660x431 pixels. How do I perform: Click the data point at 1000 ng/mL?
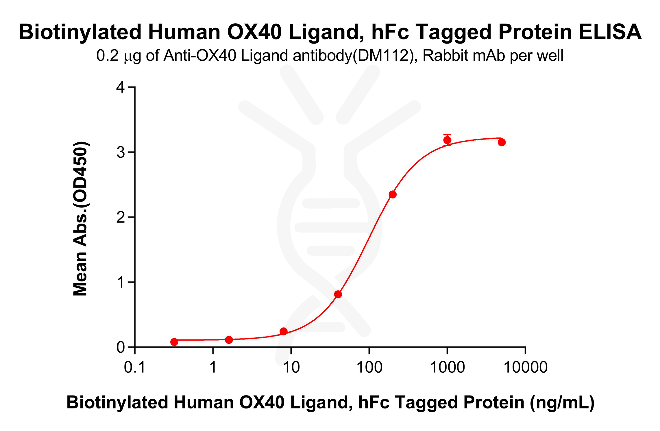coord(447,140)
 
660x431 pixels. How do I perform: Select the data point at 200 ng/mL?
coord(393,194)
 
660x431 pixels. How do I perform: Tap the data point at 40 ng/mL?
coord(338,294)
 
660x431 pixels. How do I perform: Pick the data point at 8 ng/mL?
coord(284,331)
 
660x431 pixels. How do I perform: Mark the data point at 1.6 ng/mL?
coord(229,340)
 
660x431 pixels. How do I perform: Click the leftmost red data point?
coord(174,342)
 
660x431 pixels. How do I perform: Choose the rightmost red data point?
coord(502,142)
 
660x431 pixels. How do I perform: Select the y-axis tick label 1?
coord(121,282)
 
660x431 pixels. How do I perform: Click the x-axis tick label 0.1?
coord(135,367)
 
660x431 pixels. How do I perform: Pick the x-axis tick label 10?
coord(291,367)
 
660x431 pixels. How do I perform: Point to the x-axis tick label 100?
coord(369,367)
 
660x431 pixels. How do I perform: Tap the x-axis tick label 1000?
coord(447,367)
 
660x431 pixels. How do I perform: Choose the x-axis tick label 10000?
coord(526,367)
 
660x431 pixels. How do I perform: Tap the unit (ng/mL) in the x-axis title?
coord(562,403)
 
